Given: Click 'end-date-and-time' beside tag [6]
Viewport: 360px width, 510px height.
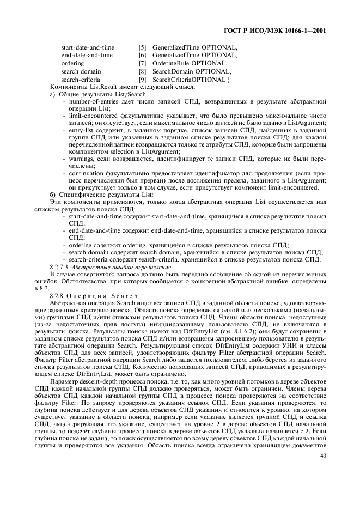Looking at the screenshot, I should point(87,55).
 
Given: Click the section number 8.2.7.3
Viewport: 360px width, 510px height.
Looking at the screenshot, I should point(59,267).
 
